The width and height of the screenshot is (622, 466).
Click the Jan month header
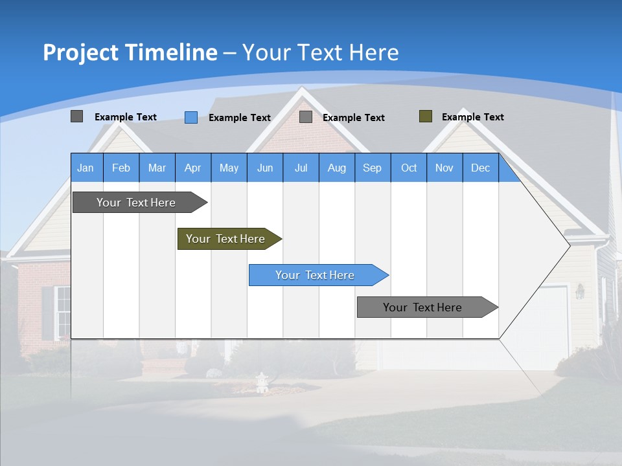(86, 168)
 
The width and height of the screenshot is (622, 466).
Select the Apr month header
(192, 168)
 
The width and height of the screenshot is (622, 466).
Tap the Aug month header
(336, 168)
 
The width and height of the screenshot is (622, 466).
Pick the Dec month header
(480, 168)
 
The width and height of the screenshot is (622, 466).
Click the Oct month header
(408, 168)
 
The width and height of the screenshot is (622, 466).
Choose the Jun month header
(264, 168)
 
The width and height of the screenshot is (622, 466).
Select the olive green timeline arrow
(227, 239)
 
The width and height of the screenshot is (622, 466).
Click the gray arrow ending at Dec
(424, 307)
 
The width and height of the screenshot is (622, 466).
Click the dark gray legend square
(77, 116)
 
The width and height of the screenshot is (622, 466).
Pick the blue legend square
(191, 117)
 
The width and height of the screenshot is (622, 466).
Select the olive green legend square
(426, 116)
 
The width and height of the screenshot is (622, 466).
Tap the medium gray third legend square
(306, 117)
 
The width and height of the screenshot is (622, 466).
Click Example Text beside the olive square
(472, 117)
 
